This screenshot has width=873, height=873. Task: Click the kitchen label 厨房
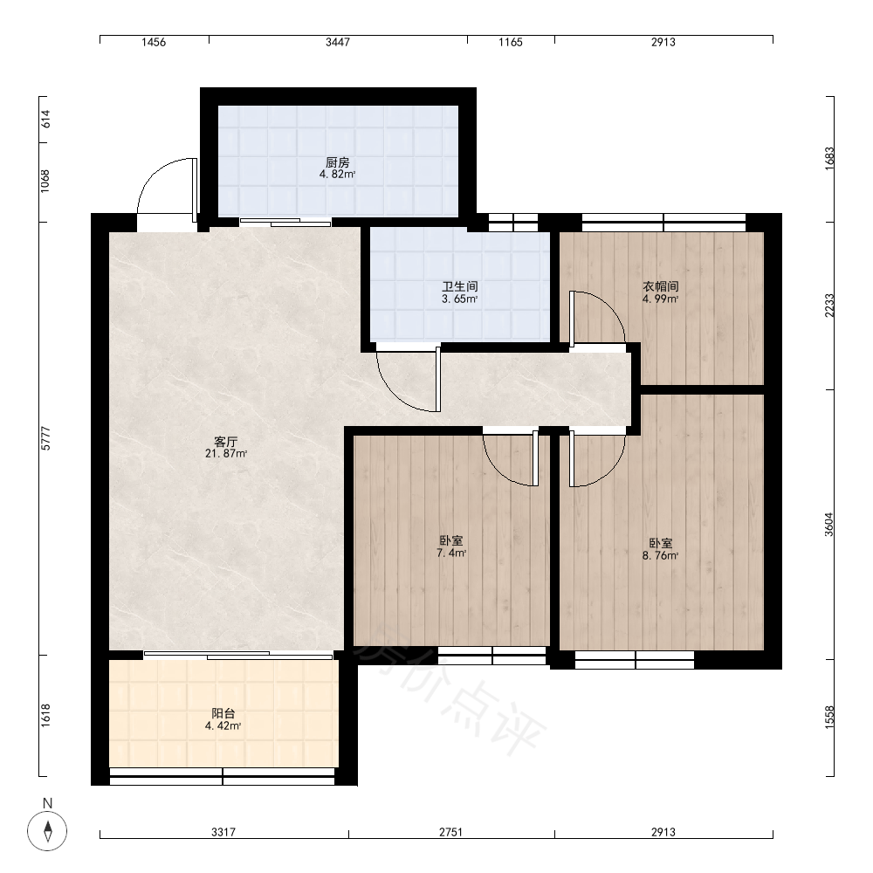[337, 162]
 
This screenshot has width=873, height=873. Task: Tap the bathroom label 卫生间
[460, 286]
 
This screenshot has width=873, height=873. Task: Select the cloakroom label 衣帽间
[661, 286]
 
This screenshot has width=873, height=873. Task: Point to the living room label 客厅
[226, 442]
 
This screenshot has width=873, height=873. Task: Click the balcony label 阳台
[223, 713]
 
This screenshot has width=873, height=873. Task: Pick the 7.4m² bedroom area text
[451, 553]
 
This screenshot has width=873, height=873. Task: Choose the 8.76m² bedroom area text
[660, 555]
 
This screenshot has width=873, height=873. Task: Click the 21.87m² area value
[226, 454]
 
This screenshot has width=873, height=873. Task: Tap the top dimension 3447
[337, 42]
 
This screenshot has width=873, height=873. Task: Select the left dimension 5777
[45, 438]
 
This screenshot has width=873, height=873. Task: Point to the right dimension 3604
[829, 525]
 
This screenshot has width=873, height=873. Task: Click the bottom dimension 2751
[451, 832]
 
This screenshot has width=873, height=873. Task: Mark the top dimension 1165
[511, 42]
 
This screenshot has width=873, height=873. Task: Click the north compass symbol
[47, 832]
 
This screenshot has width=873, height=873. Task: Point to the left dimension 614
[45, 119]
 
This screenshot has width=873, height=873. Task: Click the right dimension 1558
[829, 717]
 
